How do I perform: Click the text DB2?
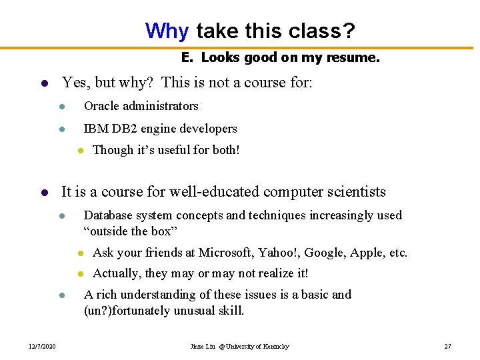pos(120,129)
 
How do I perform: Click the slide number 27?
pos(447,347)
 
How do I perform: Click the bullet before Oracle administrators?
pos(61,107)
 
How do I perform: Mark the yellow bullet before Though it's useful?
pos(80,151)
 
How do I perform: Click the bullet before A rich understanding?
pos(61,295)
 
